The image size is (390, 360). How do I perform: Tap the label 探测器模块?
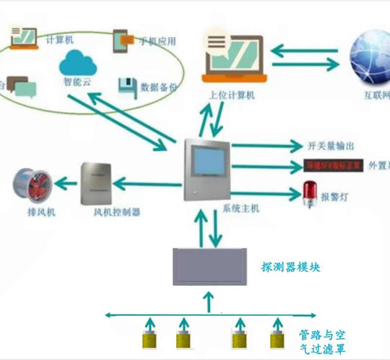pos(291,267)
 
